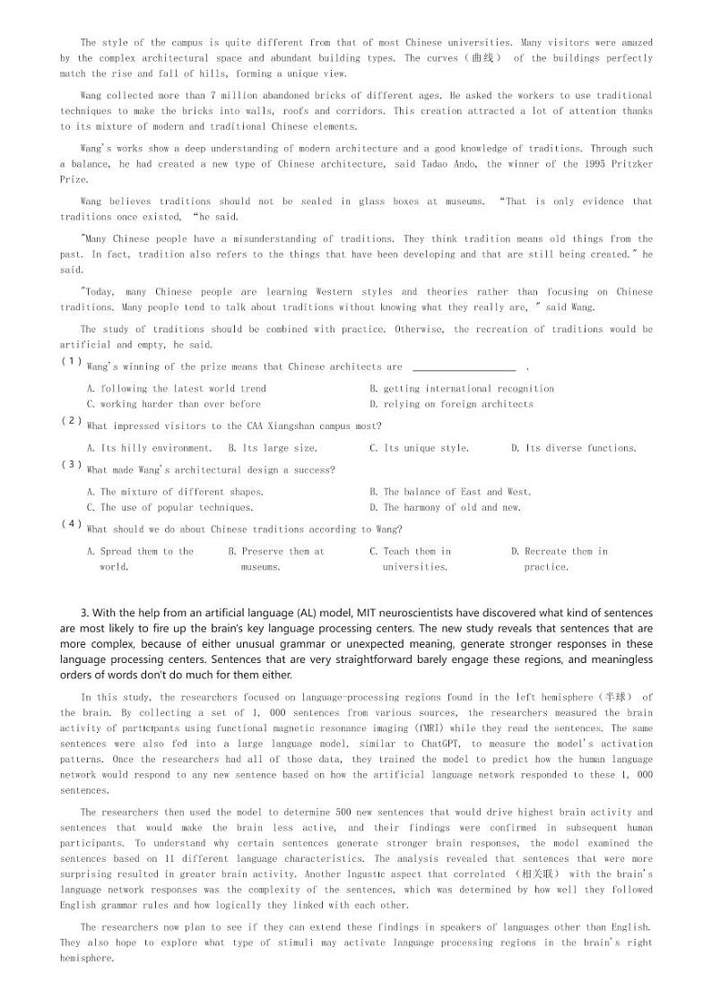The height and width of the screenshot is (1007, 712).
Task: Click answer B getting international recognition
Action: tap(462, 389)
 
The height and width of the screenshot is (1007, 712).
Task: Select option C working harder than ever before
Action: tap(174, 404)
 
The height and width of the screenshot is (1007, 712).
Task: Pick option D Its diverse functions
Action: tap(574, 448)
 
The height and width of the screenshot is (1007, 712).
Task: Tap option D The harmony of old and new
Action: tap(445, 507)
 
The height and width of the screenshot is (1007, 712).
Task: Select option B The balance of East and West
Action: tap(450, 492)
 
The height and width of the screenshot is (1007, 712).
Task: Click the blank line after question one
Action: tap(464, 367)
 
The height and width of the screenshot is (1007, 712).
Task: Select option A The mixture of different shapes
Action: tap(175, 492)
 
